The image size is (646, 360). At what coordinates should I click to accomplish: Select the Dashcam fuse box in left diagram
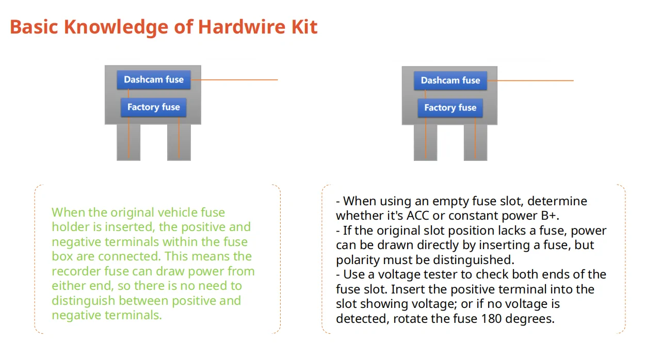click(x=153, y=80)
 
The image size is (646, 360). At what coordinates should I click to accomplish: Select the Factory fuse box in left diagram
click(x=153, y=107)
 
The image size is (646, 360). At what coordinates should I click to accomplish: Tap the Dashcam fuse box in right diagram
click(x=450, y=80)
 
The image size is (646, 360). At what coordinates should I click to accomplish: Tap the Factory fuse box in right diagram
click(x=450, y=108)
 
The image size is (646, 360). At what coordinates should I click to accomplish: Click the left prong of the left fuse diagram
click(x=128, y=142)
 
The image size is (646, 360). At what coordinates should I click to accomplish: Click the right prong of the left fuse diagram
click(x=179, y=142)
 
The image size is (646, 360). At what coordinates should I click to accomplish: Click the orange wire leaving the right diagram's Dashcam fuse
click(x=531, y=80)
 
